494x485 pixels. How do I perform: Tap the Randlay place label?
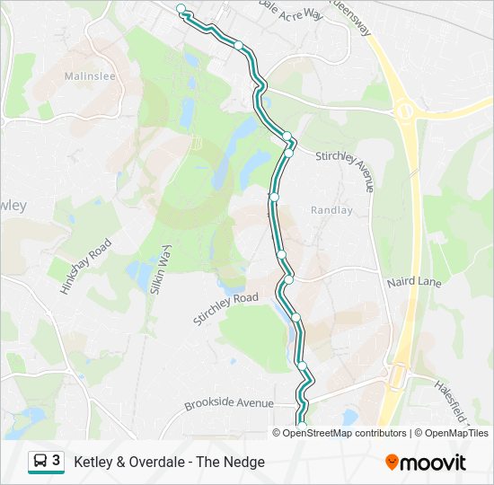pyautogui.click(x=331, y=210)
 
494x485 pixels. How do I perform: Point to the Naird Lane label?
pyautogui.click(x=414, y=282)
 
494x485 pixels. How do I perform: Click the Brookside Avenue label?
pyautogui.click(x=228, y=404)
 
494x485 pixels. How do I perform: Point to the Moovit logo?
pyautogui.click(x=426, y=463)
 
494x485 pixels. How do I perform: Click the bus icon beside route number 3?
pyautogui.click(x=41, y=462)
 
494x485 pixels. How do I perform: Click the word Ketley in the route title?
pyautogui.click(x=93, y=463)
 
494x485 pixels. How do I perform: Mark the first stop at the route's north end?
pyautogui.click(x=181, y=9)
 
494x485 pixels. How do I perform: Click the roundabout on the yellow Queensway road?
pyautogui.click(x=405, y=112)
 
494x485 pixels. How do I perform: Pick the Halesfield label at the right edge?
pyautogui.click(x=454, y=400)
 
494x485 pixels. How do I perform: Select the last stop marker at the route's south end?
pyautogui.click(x=302, y=425)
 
